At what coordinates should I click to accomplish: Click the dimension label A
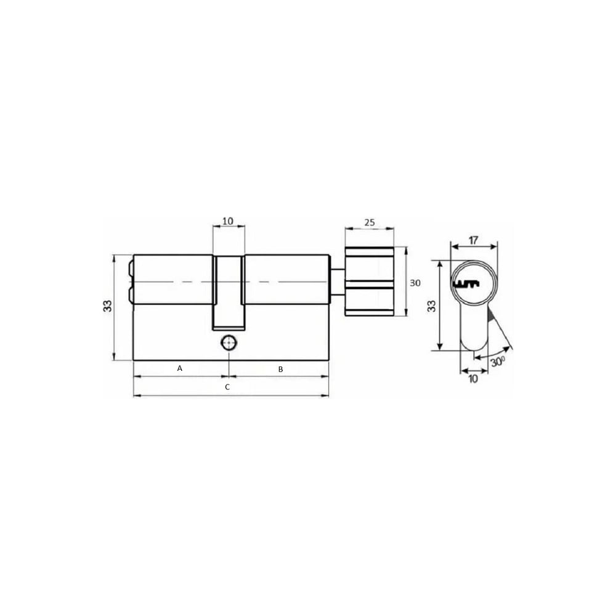tap(180, 368)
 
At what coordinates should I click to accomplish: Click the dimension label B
tap(280, 369)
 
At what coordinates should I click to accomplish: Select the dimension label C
tap(227, 387)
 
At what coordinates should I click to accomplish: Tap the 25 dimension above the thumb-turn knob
tap(369, 222)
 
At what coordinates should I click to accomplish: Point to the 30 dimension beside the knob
tap(415, 283)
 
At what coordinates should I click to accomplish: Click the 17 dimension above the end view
tap(473, 240)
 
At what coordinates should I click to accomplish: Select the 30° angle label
tap(498, 361)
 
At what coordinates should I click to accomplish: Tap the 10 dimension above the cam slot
tap(228, 221)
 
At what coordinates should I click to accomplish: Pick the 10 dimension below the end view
tap(473, 379)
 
